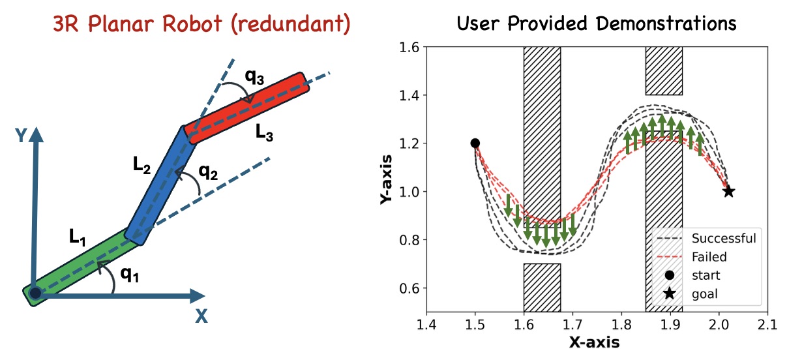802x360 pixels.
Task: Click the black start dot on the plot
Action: pyautogui.click(x=475, y=143)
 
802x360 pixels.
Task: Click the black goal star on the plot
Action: pyautogui.click(x=728, y=192)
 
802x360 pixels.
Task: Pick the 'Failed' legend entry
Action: pyautogui.click(x=709, y=257)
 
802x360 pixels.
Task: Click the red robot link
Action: pyautogui.click(x=246, y=108)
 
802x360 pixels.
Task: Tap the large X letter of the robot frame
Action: pyautogui.click(x=202, y=316)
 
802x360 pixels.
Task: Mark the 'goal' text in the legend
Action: pyautogui.click(x=705, y=294)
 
